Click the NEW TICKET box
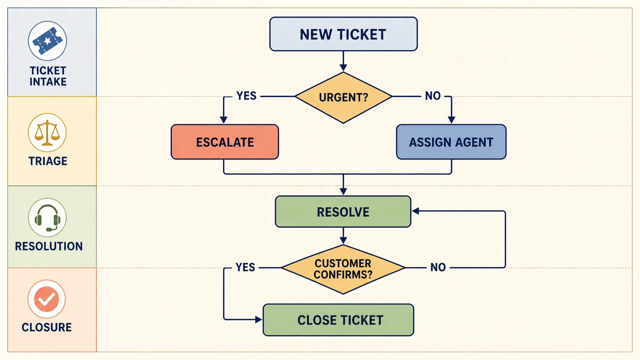343,34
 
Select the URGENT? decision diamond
343,97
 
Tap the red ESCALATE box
225,142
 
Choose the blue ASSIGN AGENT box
451,142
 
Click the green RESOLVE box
343,212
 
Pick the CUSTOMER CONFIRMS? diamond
343,269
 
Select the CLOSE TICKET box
338,320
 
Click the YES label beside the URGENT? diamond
246,96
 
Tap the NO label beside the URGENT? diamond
433,96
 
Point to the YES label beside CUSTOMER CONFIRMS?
245,267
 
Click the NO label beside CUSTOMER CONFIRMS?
438,267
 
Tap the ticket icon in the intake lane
47,41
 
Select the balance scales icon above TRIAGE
47,132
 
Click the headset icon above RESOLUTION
47,218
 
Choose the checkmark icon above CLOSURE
47,299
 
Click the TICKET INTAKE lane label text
48,76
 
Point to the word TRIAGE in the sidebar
48,161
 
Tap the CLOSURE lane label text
47,327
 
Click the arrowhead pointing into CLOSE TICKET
259,320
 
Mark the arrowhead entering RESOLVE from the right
416,211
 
